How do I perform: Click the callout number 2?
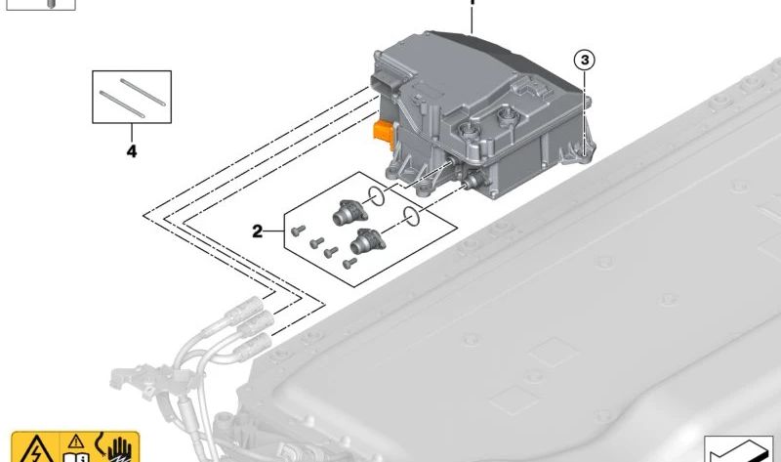click(258, 231)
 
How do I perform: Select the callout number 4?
click(131, 151)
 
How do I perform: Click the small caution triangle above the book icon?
click(75, 440)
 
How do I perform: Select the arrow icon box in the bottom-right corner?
click(741, 449)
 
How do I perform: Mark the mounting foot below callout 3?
click(585, 147)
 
